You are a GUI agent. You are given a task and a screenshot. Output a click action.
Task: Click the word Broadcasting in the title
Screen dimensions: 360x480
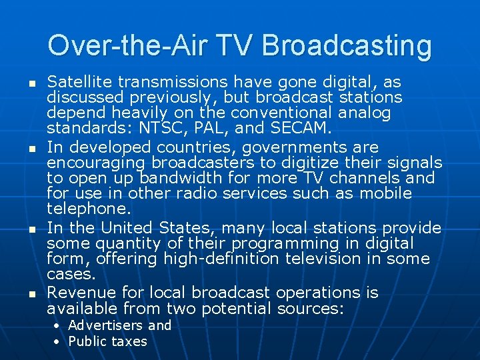[x=347, y=46]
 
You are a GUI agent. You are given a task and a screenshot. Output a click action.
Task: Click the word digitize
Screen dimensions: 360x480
[x=323, y=163]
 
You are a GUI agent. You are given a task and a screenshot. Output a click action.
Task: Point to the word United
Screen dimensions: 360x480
[x=129, y=227]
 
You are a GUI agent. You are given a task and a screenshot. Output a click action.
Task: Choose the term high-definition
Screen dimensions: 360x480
[x=226, y=259]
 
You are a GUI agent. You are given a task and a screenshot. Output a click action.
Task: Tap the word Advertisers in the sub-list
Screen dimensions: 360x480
[x=106, y=325]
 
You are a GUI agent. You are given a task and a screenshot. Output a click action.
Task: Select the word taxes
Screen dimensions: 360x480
[x=129, y=341]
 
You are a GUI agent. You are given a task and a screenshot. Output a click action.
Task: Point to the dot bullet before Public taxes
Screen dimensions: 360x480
[x=57, y=341]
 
